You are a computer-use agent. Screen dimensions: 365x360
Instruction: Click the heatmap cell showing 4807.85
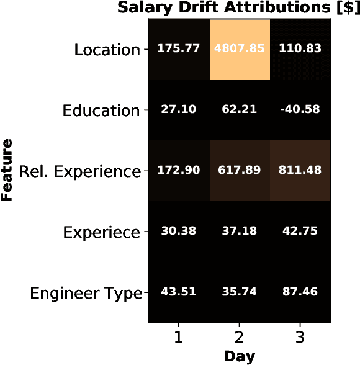[x=239, y=50]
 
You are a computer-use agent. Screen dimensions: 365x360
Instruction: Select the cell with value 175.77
[x=179, y=50]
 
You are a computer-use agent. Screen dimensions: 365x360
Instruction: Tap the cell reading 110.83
[x=300, y=50]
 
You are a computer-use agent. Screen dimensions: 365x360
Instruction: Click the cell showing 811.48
[x=300, y=171]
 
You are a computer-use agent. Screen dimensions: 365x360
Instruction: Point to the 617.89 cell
[x=239, y=171]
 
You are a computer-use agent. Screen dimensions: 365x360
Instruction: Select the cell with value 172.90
[x=179, y=171]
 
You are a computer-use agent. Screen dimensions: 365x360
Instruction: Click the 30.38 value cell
[x=179, y=232]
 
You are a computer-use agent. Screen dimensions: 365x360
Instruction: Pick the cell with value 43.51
[x=179, y=292]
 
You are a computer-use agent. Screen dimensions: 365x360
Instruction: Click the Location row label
[x=107, y=50]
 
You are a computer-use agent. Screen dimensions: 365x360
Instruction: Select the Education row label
[x=101, y=111]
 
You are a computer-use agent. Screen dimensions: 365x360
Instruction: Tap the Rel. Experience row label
[x=79, y=171]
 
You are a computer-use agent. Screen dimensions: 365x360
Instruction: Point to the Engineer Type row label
[x=86, y=293]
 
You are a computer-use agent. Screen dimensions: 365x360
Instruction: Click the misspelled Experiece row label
[x=102, y=233]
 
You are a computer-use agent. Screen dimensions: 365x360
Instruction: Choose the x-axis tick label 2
[x=239, y=338]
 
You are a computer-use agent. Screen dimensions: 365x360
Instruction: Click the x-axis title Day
[x=239, y=357]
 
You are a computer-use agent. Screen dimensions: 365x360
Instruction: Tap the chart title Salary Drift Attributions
[x=239, y=9]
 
